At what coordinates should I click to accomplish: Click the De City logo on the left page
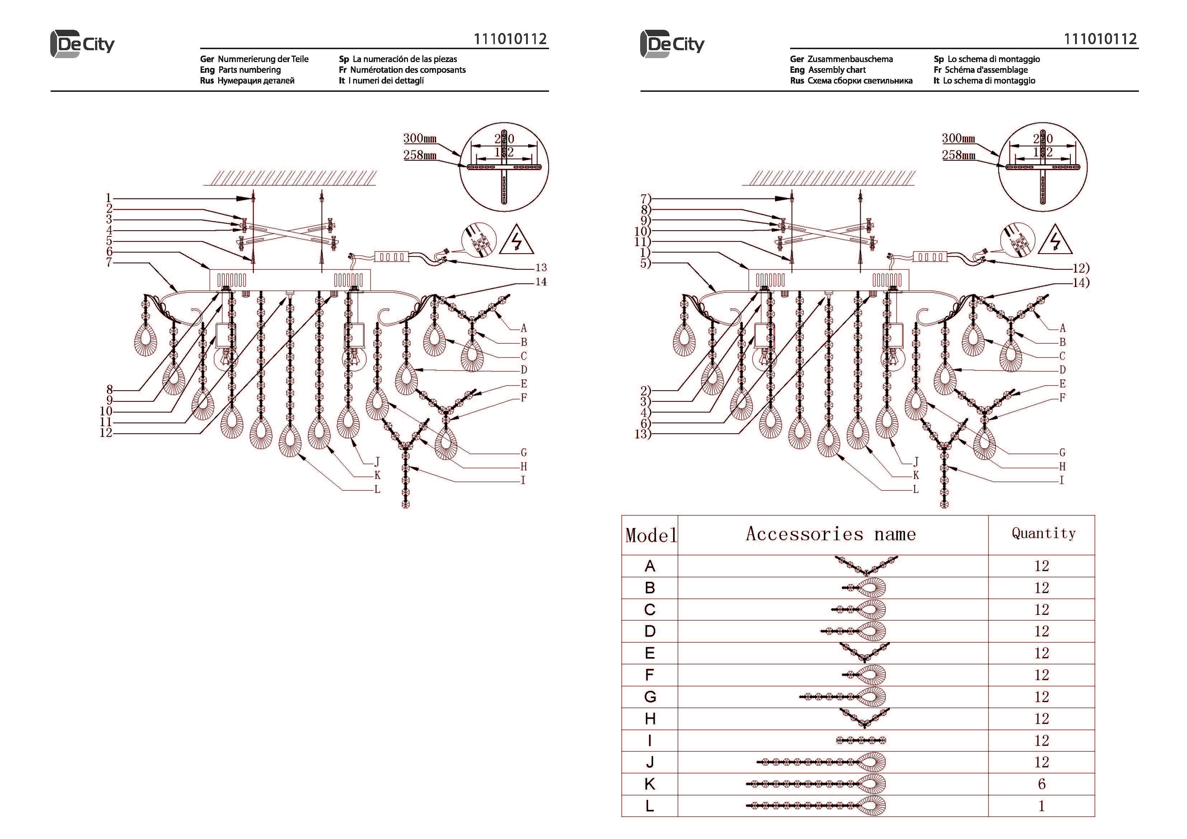coord(82,44)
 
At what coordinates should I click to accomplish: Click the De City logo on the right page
coord(672,44)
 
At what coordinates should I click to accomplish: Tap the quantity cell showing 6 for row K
coord(1041,784)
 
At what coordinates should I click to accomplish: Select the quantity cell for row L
coord(1041,805)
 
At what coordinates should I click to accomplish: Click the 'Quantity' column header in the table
coord(1043,533)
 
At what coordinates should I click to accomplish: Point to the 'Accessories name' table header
coord(831,534)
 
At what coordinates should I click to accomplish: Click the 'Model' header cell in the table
coord(650,535)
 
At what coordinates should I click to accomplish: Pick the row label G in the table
coord(650,697)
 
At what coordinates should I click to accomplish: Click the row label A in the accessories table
coord(650,566)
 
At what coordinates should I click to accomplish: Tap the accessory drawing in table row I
coord(861,740)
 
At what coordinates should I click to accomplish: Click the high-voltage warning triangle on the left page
coord(516,240)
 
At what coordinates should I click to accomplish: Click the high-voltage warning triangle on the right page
coord(1055,240)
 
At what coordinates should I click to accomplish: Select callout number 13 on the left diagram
coord(541,268)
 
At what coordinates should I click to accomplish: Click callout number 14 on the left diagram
coord(541,282)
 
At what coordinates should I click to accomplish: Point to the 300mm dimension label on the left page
coord(420,138)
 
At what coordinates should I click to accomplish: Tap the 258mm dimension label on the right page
coord(958,155)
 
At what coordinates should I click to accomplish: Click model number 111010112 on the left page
coord(510,39)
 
